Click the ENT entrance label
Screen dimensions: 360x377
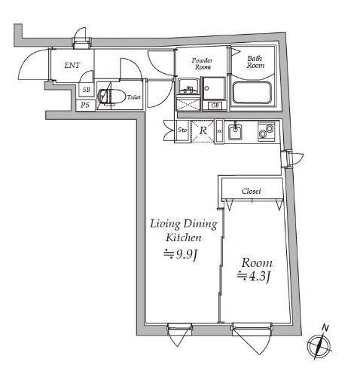pos(72,66)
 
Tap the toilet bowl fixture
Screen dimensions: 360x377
pos(112,96)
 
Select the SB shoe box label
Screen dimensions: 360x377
pos(87,90)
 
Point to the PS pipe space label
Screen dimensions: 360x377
pos(85,105)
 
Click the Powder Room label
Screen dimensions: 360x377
pos(203,63)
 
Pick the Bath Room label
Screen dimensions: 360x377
pos(255,62)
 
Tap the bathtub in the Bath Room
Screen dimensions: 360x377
pos(252,93)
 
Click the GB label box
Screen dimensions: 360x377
pos(215,106)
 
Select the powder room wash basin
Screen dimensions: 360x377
pos(188,86)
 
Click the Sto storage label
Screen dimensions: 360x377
pos(182,130)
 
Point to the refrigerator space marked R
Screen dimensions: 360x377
pos(203,130)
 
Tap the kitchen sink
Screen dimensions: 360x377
pos(235,132)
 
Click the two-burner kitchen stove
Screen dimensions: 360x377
pos(267,131)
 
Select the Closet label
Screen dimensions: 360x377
pos(252,191)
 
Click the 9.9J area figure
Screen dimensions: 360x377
pos(180,255)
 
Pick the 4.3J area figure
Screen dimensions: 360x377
pos(254,277)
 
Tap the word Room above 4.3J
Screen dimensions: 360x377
pos(257,263)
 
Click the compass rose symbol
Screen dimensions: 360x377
pos(319,347)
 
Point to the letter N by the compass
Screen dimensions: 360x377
pos(325,328)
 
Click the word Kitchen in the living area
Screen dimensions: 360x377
pos(184,238)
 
